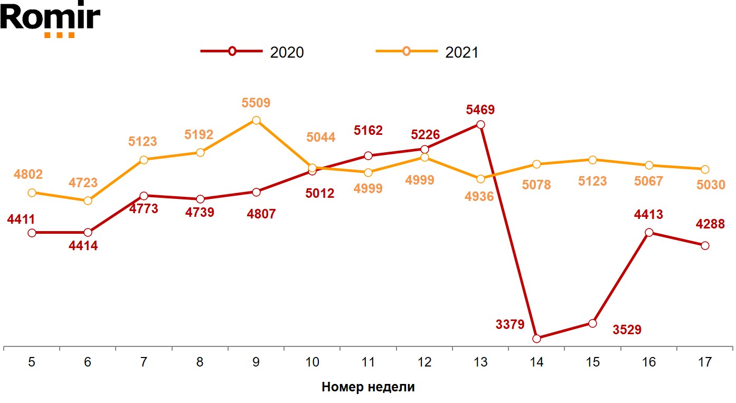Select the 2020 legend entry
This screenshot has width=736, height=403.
(252, 52)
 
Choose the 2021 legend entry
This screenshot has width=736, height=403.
(427, 52)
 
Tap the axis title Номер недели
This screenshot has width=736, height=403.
(368, 387)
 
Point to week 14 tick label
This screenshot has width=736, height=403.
(536, 362)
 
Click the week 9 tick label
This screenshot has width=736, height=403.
(256, 362)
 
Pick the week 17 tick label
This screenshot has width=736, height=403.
(704, 362)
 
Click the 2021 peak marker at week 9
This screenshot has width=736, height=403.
(256, 120)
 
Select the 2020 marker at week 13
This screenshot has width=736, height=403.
(480, 125)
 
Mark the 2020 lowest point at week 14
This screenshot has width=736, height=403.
(537, 338)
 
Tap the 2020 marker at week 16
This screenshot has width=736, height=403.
(649, 232)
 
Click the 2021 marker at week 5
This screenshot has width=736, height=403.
(32, 193)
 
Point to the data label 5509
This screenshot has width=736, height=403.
(256, 103)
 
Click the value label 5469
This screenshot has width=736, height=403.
(480, 110)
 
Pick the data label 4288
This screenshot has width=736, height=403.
(710, 224)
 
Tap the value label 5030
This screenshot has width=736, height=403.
(711, 185)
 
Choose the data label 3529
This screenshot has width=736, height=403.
(627, 330)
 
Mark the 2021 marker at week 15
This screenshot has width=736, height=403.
(592, 160)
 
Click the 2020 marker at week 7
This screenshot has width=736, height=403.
(144, 196)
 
